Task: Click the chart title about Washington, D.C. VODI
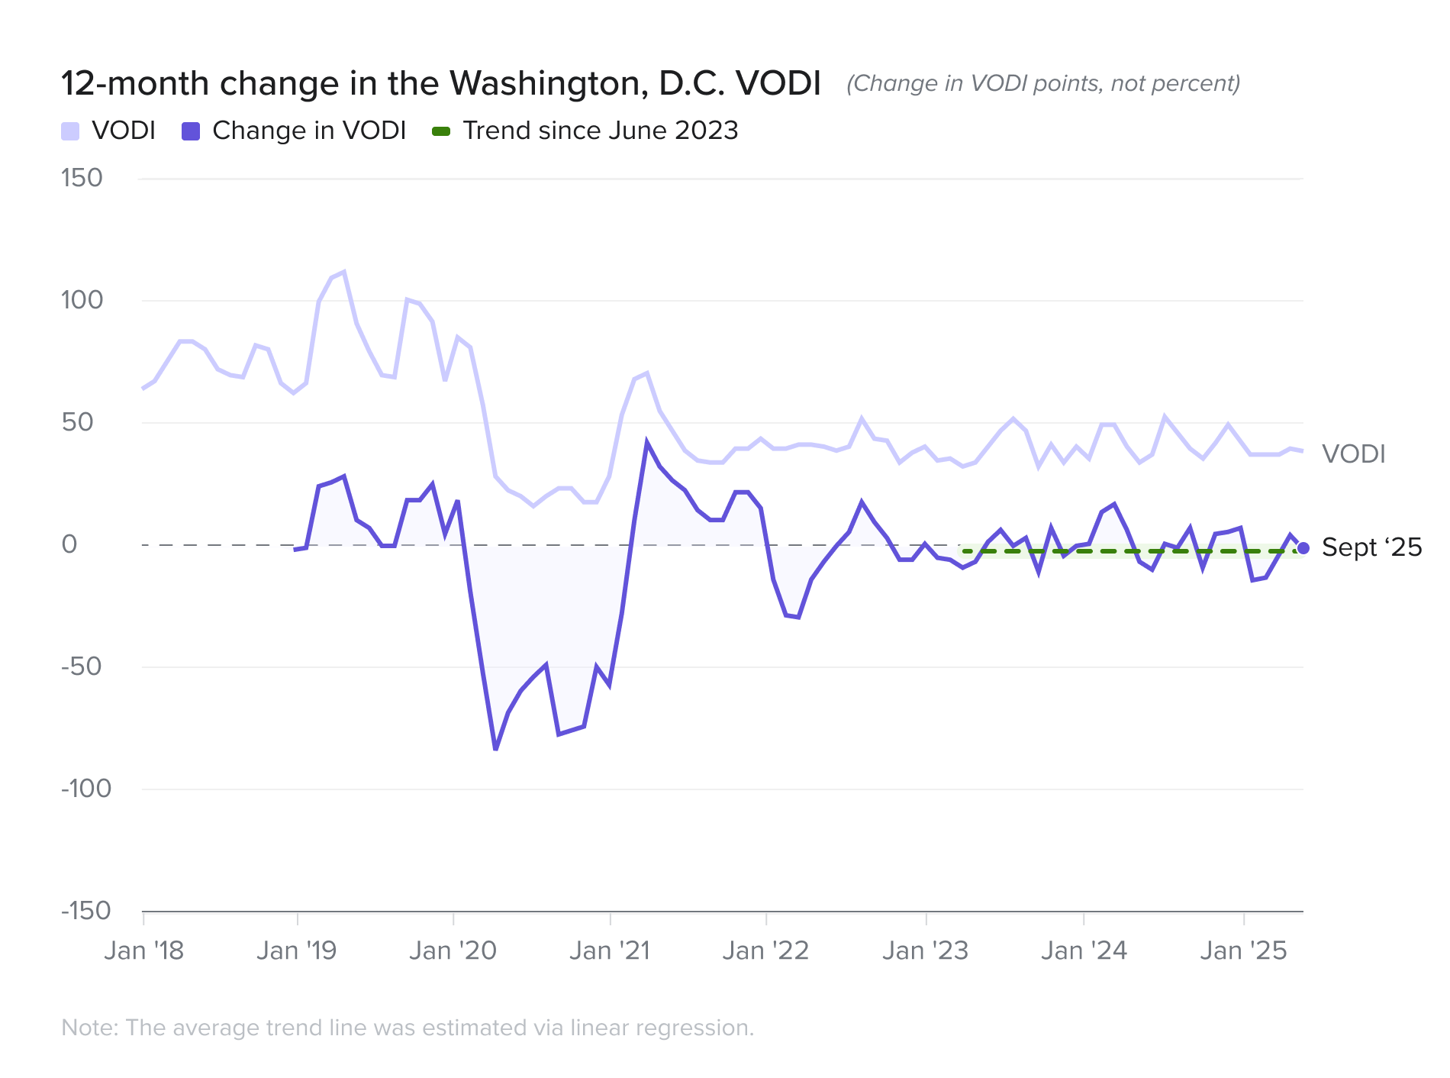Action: pyautogui.click(x=440, y=83)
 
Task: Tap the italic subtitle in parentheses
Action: pyautogui.click(x=1042, y=83)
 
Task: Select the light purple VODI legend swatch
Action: pyautogui.click(x=70, y=131)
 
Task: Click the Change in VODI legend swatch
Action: pyautogui.click(x=190, y=131)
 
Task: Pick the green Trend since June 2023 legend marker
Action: pyautogui.click(x=441, y=131)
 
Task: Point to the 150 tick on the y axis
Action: pyautogui.click(x=82, y=178)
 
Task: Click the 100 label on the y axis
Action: pyautogui.click(x=82, y=300)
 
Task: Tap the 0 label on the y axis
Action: pyautogui.click(x=69, y=544)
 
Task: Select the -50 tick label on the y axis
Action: pyautogui.click(x=81, y=666)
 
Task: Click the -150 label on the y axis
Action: pyautogui.click(x=85, y=911)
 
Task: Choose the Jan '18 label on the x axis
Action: pyautogui.click(x=144, y=951)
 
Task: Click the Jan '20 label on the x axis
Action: pyautogui.click(x=453, y=951)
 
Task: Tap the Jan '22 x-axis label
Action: pyautogui.click(x=765, y=951)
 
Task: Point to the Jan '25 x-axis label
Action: pyautogui.click(x=1243, y=951)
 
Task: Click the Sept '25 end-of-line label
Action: pyautogui.click(x=1371, y=547)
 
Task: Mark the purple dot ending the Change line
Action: pyautogui.click(x=1303, y=548)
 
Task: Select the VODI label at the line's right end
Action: pyautogui.click(x=1353, y=454)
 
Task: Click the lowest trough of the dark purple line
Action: pyautogui.click(x=496, y=749)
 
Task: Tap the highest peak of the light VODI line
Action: pyautogui.click(x=344, y=272)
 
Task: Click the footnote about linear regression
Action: pyautogui.click(x=408, y=1028)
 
